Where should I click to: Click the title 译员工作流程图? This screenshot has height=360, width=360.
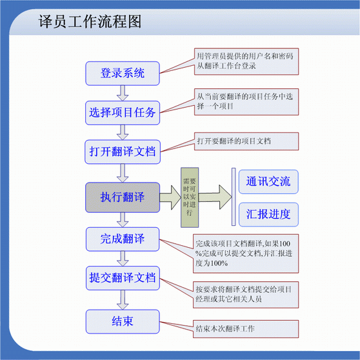click(x=90, y=21)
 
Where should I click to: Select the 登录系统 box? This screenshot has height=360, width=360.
click(x=123, y=74)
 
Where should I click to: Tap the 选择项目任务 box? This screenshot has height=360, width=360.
click(x=123, y=113)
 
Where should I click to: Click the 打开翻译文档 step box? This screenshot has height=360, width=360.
click(x=123, y=152)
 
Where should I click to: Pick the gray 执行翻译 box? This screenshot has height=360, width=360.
click(x=123, y=197)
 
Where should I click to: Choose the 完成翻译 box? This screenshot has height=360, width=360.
click(x=123, y=239)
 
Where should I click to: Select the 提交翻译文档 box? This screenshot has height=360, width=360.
click(x=123, y=278)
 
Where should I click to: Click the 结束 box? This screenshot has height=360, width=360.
click(x=123, y=321)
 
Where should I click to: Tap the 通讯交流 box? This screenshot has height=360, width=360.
click(x=268, y=181)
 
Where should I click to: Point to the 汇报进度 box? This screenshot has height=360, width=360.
click(x=268, y=214)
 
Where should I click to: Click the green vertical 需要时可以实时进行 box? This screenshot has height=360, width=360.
click(x=190, y=197)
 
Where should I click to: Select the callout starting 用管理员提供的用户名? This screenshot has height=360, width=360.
click(x=246, y=61)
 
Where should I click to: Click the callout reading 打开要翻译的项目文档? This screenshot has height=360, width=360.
click(x=246, y=141)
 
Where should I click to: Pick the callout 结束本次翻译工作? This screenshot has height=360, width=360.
click(x=246, y=329)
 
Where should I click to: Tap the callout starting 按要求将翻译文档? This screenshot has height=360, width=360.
click(x=246, y=295)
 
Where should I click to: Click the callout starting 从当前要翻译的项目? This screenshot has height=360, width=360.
click(x=246, y=102)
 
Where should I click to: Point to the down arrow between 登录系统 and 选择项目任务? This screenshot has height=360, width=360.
click(x=123, y=93)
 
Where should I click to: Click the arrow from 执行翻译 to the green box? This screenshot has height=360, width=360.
click(x=170, y=197)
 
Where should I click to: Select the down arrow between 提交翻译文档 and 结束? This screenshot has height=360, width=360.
click(x=123, y=300)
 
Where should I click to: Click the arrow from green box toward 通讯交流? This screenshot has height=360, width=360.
click(x=215, y=197)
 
